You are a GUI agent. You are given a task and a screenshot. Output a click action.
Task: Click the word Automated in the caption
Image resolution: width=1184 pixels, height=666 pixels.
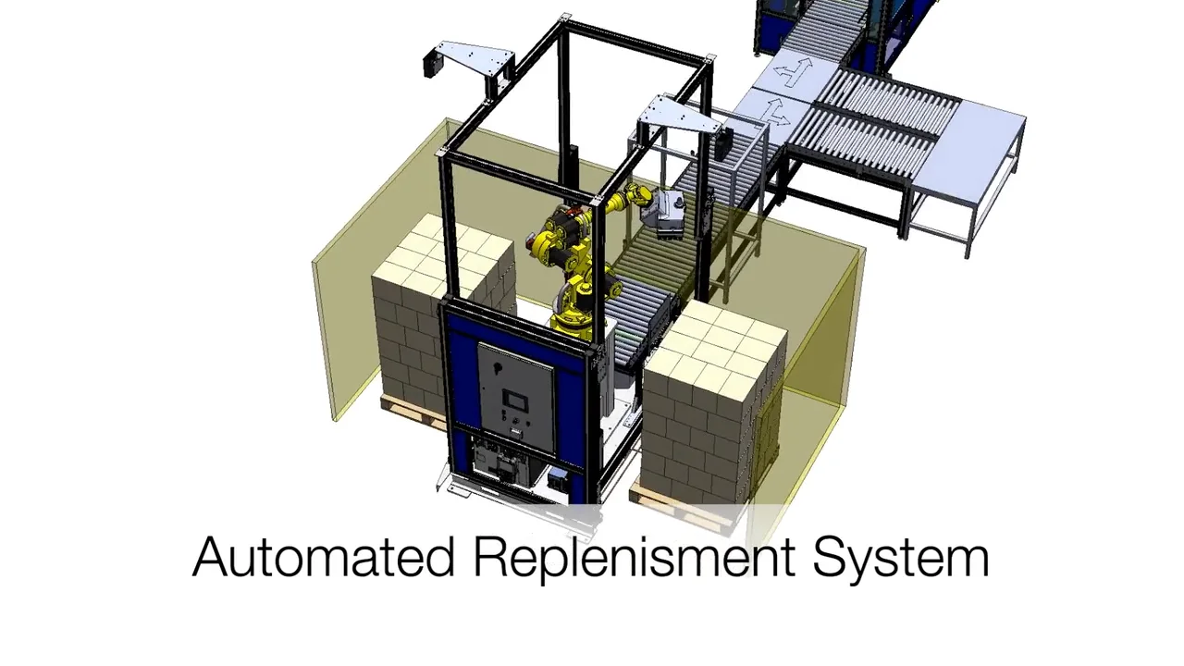click(x=324, y=558)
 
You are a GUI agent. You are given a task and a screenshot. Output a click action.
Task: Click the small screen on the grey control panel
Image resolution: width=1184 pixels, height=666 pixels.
click(x=514, y=402)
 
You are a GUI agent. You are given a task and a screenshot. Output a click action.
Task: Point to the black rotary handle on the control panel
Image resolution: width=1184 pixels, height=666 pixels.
click(x=497, y=368)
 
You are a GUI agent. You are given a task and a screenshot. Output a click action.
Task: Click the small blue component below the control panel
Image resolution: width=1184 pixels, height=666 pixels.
click(x=558, y=479)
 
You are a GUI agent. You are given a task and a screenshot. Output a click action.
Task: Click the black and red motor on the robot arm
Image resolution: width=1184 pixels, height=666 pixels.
click(x=562, y=227)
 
